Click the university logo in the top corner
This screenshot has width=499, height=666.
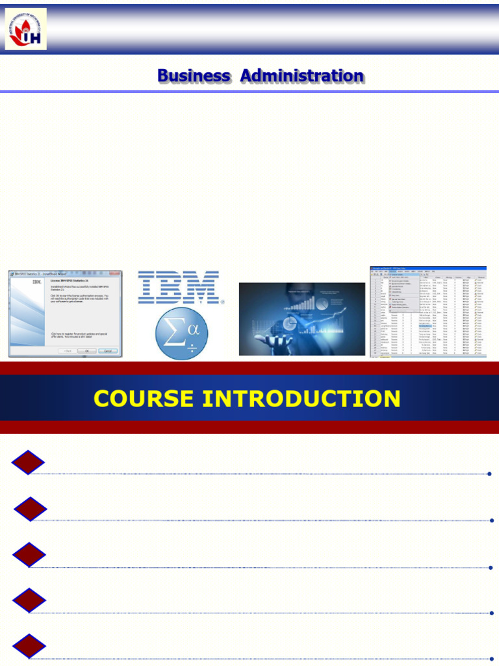[x=26, y=29]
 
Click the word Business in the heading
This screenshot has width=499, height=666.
[x=194, y=76]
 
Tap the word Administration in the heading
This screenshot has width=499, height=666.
[x=301, y=76]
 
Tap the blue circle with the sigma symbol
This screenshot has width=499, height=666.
[x=181, y=335]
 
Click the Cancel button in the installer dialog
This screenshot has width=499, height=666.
[x=107, y=351]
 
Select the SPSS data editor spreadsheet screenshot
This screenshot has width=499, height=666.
[x=428, y=312]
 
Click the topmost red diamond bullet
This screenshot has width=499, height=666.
[x=28, y=462]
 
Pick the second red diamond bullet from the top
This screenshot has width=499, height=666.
[x=31, y=509]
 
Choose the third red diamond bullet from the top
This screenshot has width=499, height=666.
[x=29, y=555]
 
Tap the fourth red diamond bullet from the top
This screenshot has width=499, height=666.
[x=29, y=600]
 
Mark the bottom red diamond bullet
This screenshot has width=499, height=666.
[x=29, y=646]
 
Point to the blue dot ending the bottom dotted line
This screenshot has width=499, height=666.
[x=491, y=659]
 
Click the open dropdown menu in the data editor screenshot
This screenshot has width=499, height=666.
[x=403, y=292]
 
